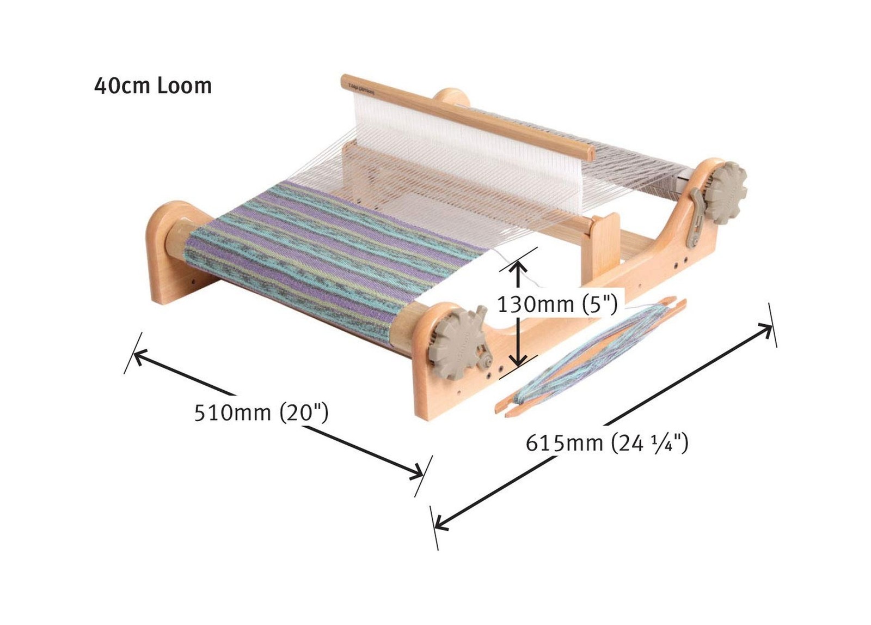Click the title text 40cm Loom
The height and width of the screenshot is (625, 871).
click(x=153, y=86)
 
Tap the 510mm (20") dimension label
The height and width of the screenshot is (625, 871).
click(x=261, y=412)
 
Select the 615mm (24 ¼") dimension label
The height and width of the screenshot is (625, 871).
click(x=606, y=443)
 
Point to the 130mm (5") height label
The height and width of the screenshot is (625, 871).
click(x=557, y=304)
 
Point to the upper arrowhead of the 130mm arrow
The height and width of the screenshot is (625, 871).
click(x=518, y=267)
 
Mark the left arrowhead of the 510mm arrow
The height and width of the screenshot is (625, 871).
click(x=139, y=356)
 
